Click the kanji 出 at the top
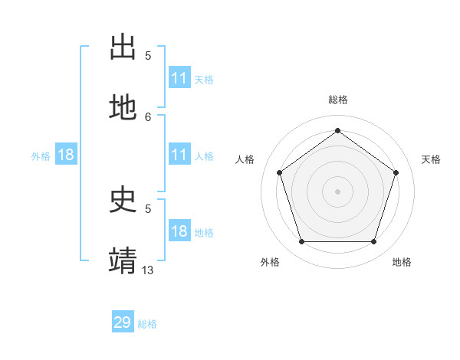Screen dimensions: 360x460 coord(123,47)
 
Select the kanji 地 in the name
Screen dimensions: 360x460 coord(123,108)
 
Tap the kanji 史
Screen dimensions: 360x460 coord(123,200)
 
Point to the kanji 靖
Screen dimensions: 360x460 coord(123,260)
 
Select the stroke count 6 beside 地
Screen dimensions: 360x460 coord(148,116)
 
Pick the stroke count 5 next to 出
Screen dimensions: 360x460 coord(148,55)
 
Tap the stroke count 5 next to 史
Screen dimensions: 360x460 coord(148,208)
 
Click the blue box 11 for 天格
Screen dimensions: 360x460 coord(179,78)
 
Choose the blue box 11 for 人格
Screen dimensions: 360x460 coord(179,155)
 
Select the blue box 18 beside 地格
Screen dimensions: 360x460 coord(179,231)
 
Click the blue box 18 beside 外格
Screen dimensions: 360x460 coord(66,155)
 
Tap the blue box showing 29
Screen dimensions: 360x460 coord(123,322)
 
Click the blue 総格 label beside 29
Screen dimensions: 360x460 coord(147,324)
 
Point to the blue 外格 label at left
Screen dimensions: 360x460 coord(41,156)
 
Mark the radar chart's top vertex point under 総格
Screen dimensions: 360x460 coord(337,130)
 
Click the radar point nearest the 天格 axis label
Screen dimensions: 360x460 coord(396,172)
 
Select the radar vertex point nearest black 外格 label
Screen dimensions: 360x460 coord(301,242)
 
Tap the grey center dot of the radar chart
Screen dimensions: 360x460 coord(337,191)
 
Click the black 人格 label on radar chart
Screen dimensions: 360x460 coord(245,159)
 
